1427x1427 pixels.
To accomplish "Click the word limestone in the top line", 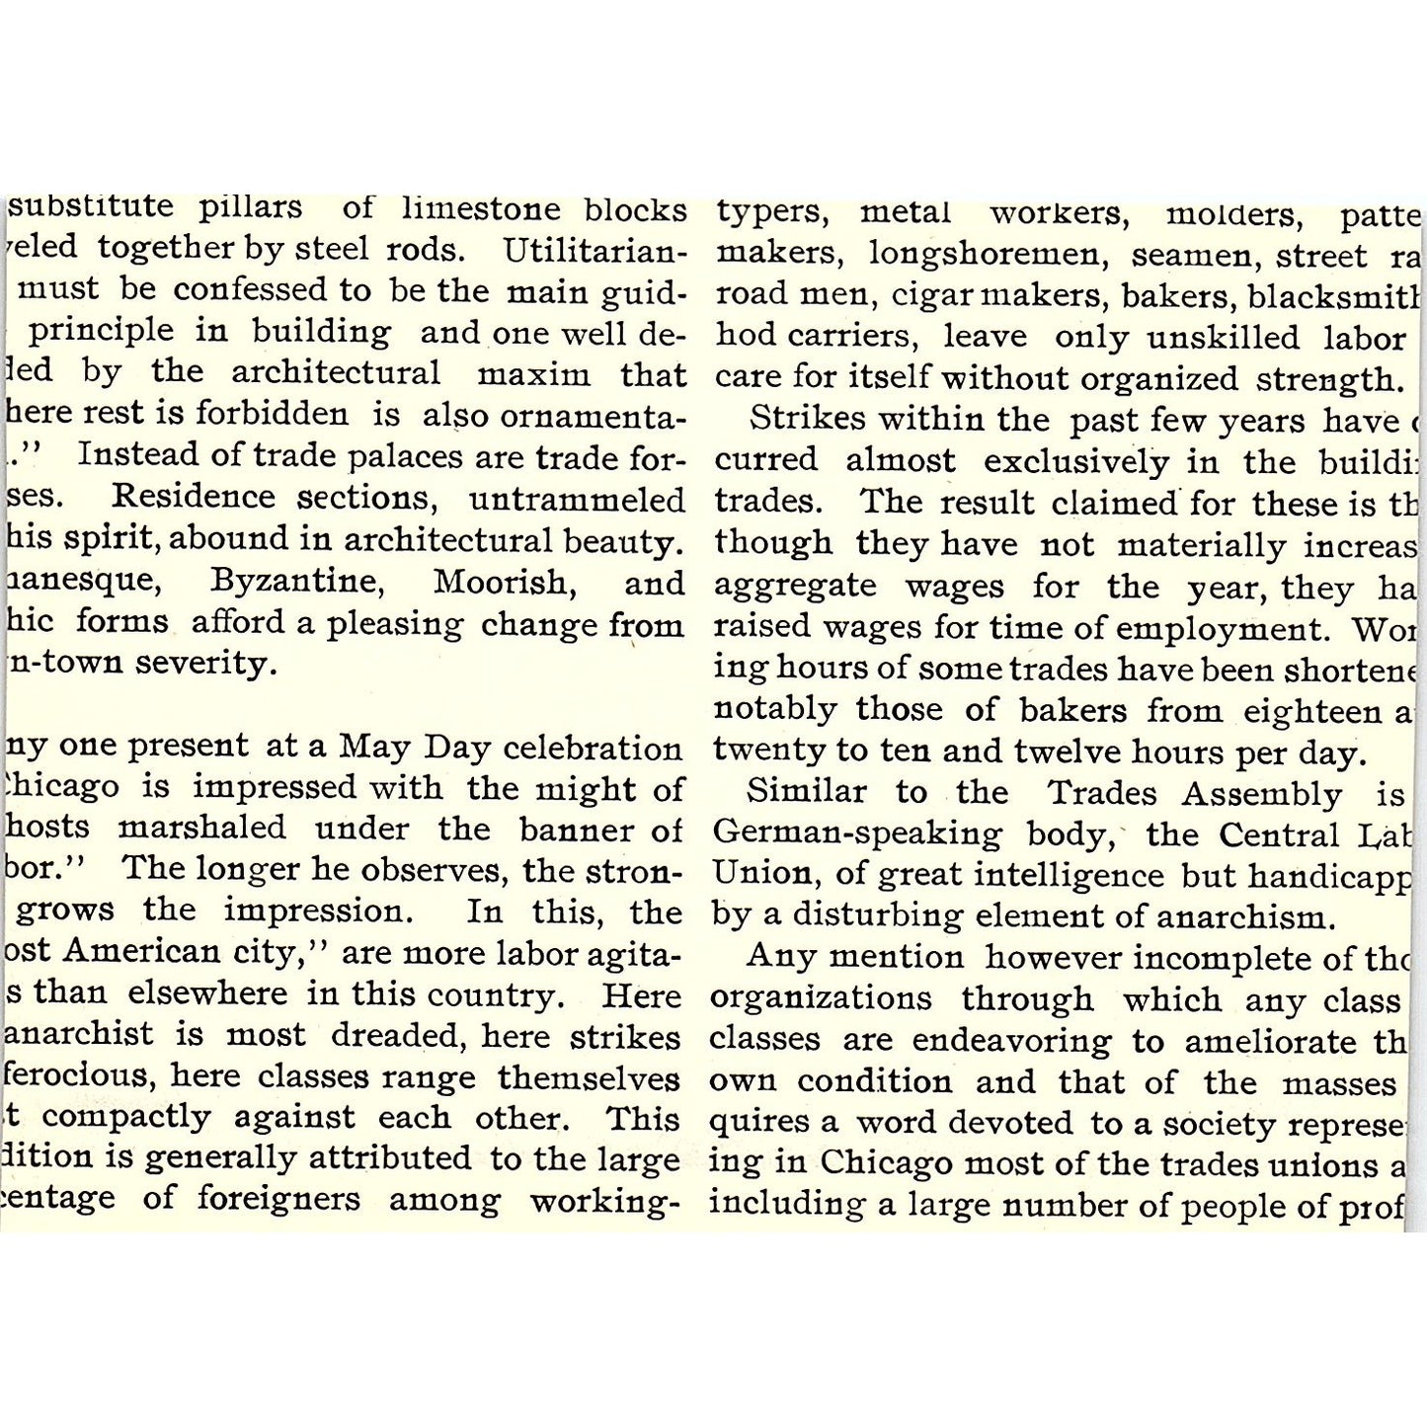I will point(483,209).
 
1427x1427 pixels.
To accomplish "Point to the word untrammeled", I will point(577,499).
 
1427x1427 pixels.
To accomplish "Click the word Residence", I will point(195,497).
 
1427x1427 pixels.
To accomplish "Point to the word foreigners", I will point(278,1200).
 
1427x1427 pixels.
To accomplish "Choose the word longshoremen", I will point(984,255).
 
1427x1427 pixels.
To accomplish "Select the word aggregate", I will point(795,586).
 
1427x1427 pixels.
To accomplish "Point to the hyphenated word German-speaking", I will point(857,834).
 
